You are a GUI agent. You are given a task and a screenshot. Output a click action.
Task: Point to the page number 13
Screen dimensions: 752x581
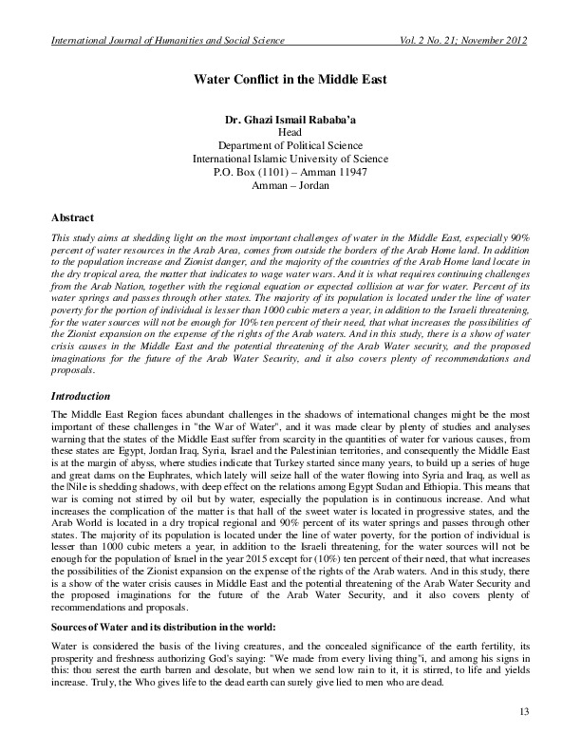524,712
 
